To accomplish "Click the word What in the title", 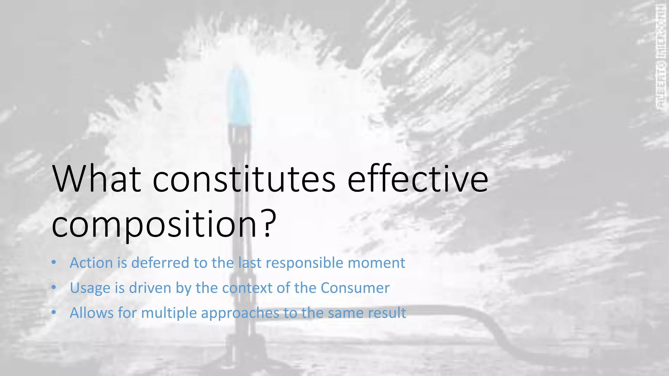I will point(97,179).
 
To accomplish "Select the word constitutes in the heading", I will point(244,179).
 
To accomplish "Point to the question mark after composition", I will point(269,224).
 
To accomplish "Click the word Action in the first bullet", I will point(91,263).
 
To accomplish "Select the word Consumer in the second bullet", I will point(355,288).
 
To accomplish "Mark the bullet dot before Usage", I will point(54,288).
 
